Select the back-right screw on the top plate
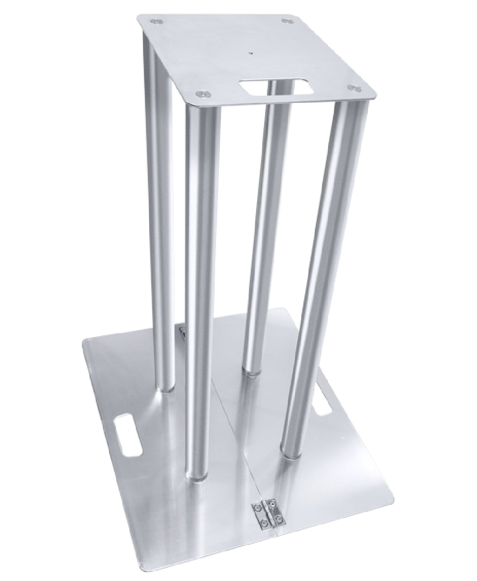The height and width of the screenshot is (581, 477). coord(287,21)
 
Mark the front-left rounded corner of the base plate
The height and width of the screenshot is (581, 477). coord(88,345)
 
